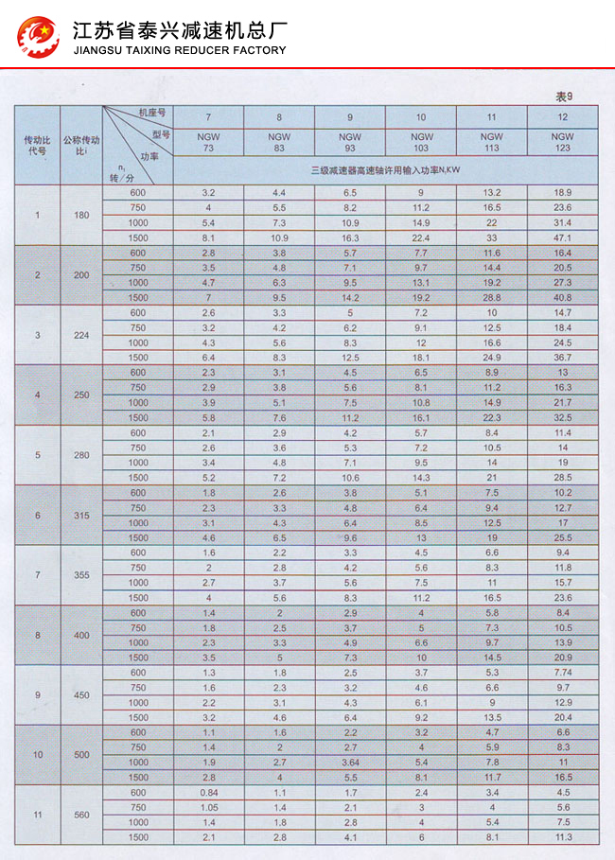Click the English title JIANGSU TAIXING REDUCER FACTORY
(179, 50)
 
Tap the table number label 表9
(564, 96)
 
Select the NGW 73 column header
(208, 142)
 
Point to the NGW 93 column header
(350, 142)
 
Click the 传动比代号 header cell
(37, 146)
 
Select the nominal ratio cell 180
(81, 215)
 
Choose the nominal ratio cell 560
(81, 815)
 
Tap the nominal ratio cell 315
(81, 515)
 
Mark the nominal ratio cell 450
(81, 695)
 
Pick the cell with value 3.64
(350, 763)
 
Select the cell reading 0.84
(208, 792)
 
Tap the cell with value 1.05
(208, 807)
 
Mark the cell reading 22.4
(421, 237)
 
